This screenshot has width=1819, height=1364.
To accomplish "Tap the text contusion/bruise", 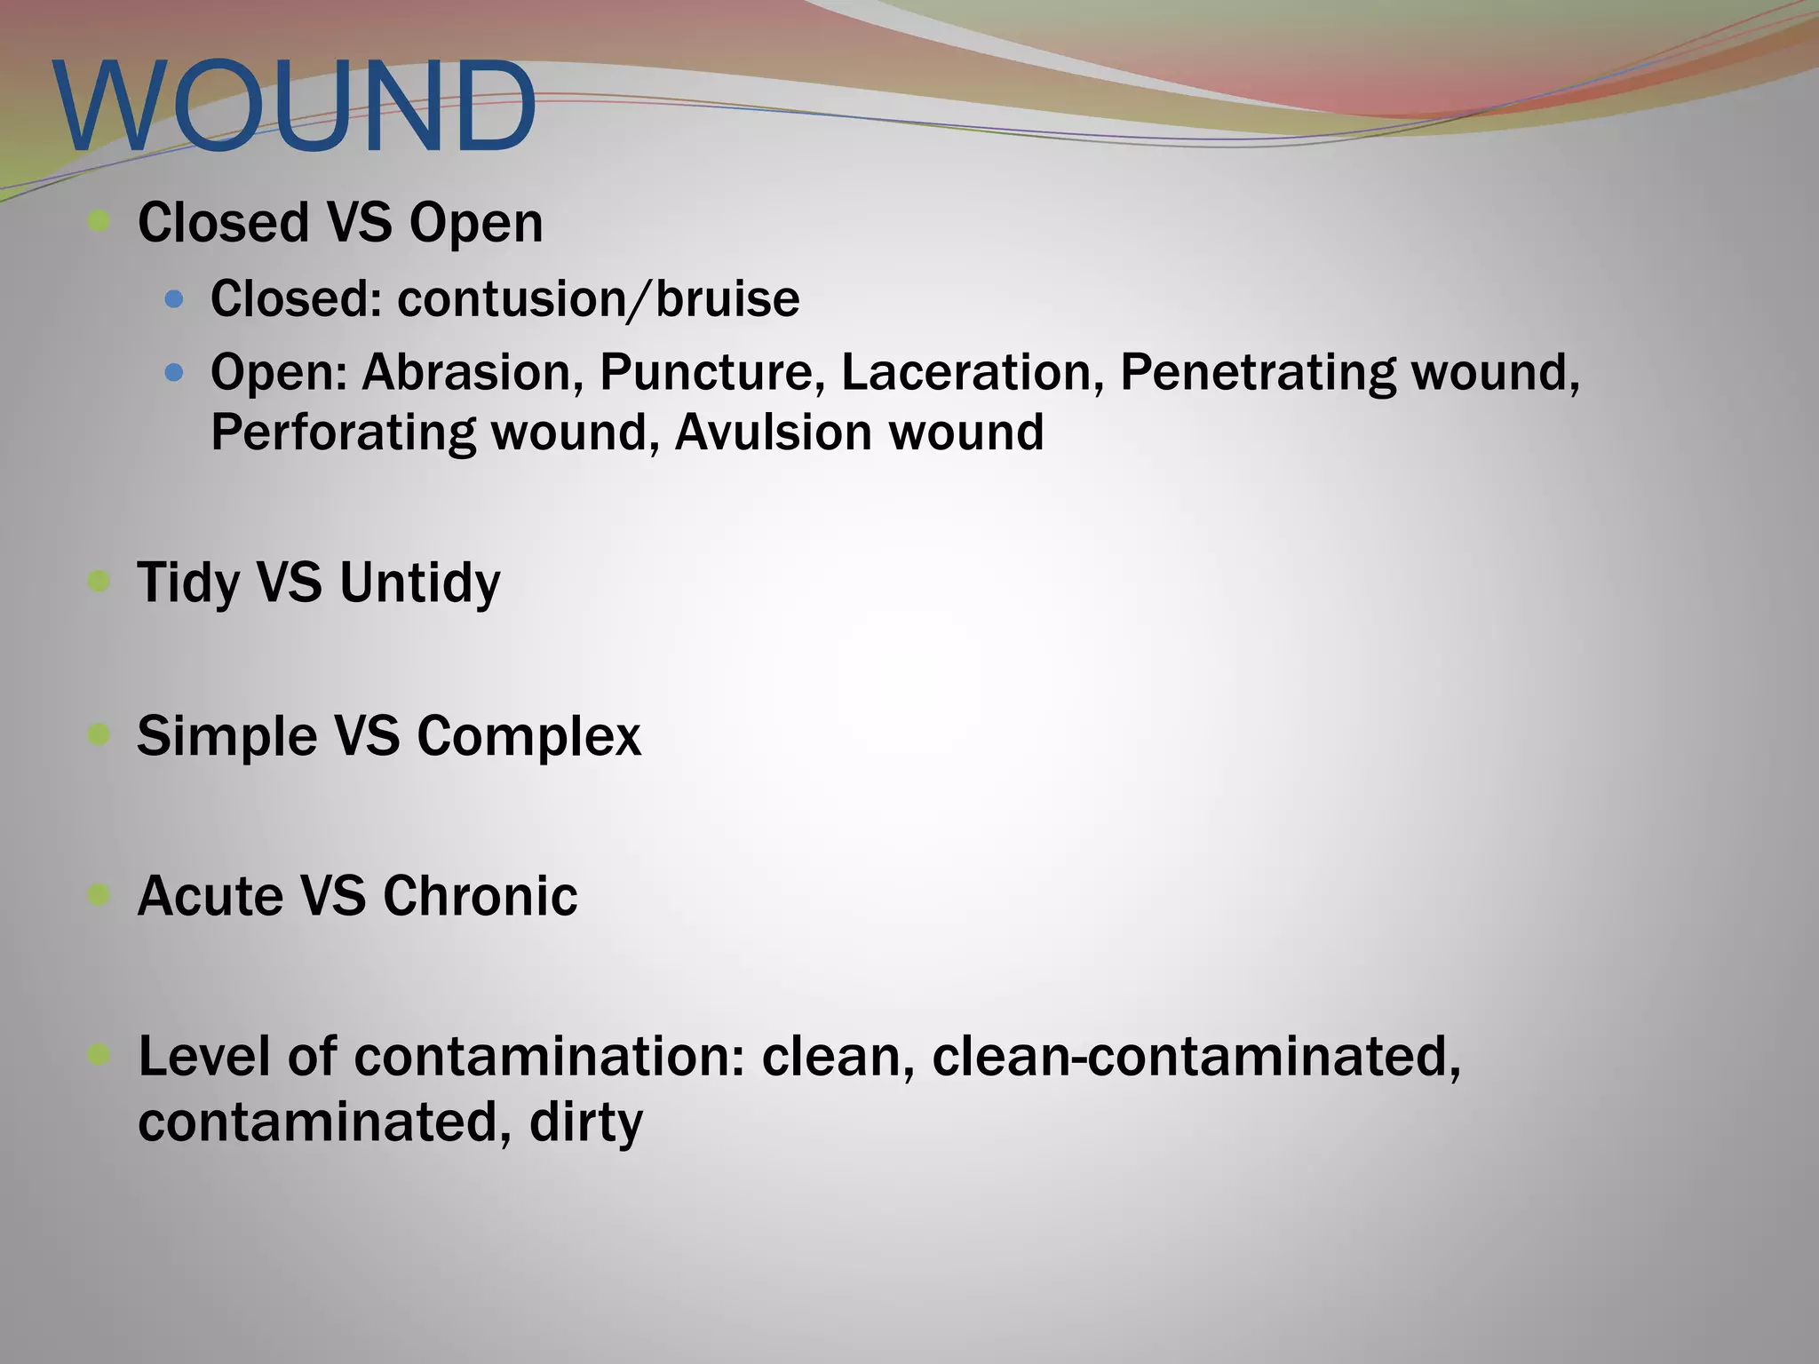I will (x=598, y=299).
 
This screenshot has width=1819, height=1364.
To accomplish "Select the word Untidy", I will (x=419, y=583).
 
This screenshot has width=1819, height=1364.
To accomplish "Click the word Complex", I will (x=528, y=737).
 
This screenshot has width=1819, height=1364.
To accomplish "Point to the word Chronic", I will (x=480, y=896).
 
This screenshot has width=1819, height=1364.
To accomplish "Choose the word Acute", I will (x=209, y=896).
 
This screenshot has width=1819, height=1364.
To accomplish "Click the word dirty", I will (x=585, y=1122).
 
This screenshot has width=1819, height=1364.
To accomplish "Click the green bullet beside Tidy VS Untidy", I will (x=99, y=582).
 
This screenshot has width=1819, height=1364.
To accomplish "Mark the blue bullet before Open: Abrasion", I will (x=174, y=373).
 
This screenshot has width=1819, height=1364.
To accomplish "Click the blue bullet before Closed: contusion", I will (x=174, y=300).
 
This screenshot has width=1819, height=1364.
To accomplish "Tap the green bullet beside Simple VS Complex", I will (x=99, y=734).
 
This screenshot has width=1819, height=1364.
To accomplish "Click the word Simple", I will (x=226, y=737).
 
